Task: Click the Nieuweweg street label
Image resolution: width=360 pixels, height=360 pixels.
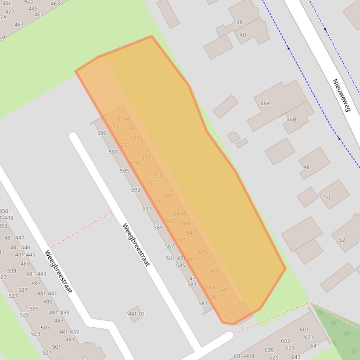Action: coord(342,95)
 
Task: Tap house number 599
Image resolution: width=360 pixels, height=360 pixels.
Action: coord(102,133)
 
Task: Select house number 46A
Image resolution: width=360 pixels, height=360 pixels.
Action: coord(265,103)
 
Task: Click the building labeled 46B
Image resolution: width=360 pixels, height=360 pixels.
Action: coord(291,120)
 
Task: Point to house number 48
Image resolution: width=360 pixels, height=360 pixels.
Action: coord(307,167)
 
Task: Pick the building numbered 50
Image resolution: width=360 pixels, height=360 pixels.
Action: coord(327,197)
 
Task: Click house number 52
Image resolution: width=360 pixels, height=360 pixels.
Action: coord(342,240)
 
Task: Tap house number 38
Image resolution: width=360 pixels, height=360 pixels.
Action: coord(240,22)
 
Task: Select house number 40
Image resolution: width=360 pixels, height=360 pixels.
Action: coord(242,35)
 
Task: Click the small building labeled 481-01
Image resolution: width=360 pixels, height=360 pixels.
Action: coord(136,314)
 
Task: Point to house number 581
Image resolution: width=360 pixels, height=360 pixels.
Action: coord(203,303)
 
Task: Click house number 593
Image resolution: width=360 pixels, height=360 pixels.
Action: coord(135,190)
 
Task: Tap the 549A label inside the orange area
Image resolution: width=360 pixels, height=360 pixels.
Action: coord(180,214)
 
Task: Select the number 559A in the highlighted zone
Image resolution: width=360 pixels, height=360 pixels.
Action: coord(124,119)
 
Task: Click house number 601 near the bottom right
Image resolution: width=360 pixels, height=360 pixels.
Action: coord(304,330)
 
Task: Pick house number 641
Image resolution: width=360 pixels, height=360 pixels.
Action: coord(315,346)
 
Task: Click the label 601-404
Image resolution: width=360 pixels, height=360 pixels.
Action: coord(244,356)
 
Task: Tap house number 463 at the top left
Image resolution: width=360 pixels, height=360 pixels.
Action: coord(55,4)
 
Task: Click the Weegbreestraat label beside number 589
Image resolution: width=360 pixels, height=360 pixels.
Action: coord(136,245)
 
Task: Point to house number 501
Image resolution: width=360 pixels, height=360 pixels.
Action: coord(56,347)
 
